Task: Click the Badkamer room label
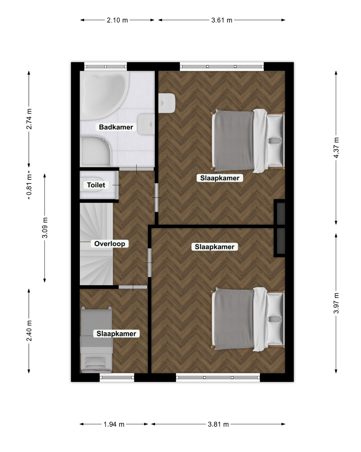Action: (116, 127)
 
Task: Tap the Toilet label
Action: (96, 185)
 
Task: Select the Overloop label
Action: (110, 244)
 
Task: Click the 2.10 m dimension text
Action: (117, 20)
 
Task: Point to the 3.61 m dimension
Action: (222, 20)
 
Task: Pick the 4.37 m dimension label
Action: (336, 148)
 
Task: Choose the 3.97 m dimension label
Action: (336, 303)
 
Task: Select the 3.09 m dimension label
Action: (45, 228)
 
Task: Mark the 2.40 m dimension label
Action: (29, 331)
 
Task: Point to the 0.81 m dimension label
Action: (29, 185)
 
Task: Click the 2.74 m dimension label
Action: (29, 119)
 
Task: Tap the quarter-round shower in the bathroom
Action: (95, 151)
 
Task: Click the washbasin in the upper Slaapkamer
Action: (167, 103)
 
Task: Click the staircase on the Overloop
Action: (96, 244)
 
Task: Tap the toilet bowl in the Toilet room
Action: (92, 185)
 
